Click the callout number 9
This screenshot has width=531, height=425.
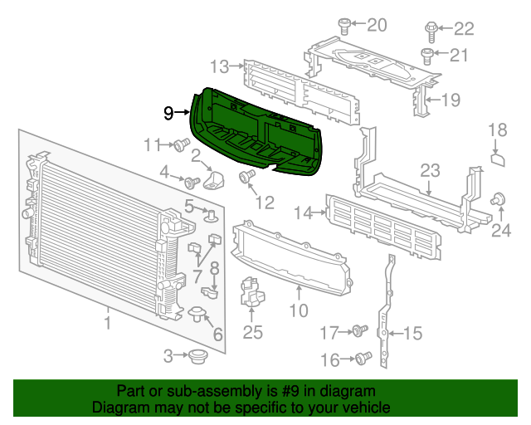168,113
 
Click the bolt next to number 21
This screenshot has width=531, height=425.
426,56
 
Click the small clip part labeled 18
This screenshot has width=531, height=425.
497,158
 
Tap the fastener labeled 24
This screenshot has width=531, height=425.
499,199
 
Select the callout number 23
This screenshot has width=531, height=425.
429,172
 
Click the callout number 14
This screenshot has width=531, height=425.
303,213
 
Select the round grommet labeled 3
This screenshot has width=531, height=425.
197,357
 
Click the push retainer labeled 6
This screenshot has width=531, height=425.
198,313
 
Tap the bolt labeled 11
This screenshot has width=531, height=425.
179,146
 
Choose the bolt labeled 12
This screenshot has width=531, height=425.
246,177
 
